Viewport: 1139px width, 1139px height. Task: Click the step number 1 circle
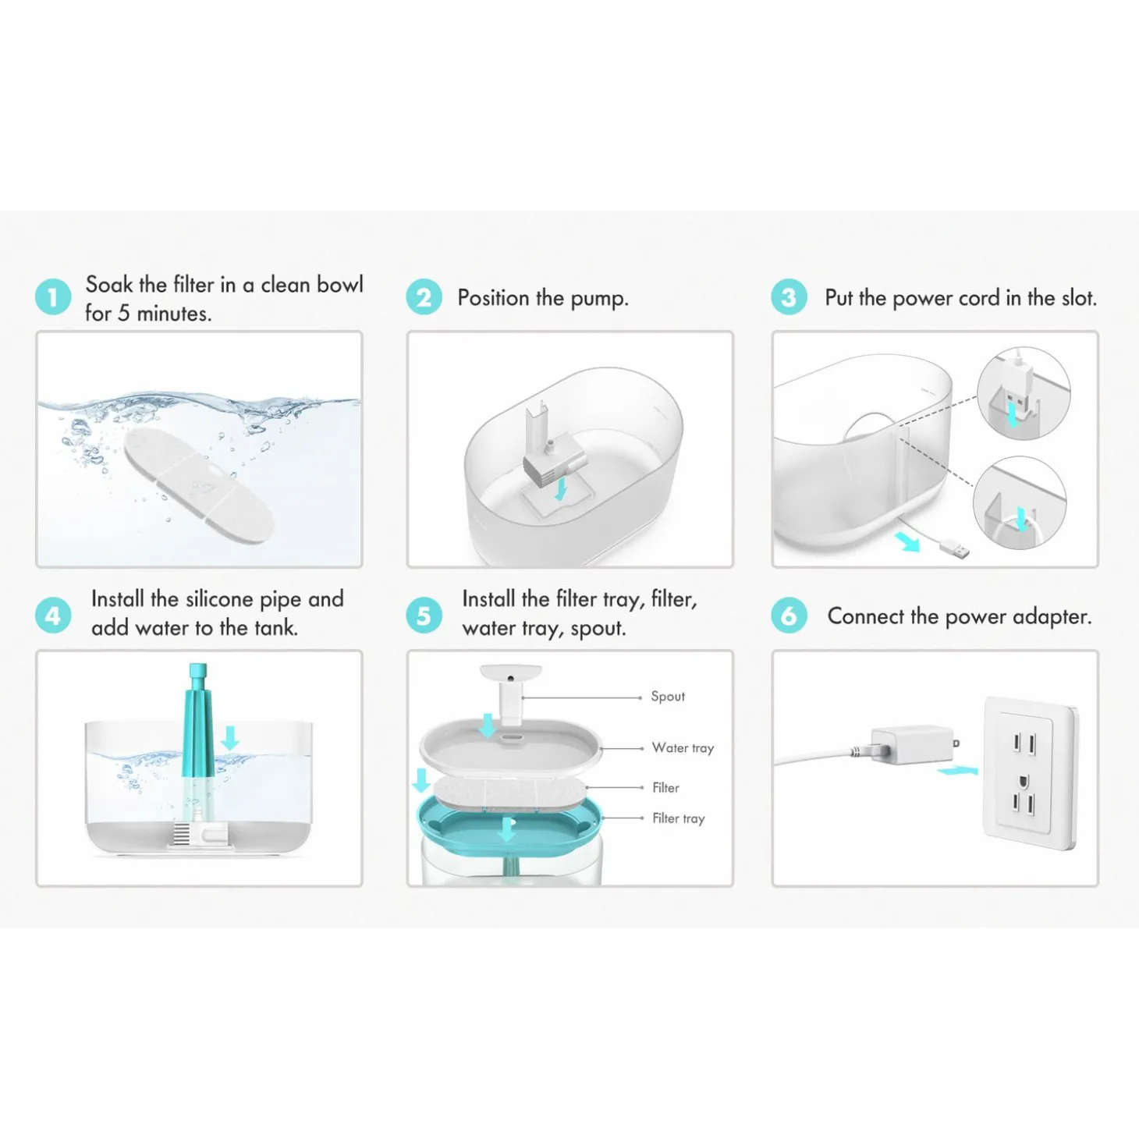[53, 296]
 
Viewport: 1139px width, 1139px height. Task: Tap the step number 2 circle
[424, 296]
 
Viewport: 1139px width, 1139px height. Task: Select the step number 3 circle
[789, 296]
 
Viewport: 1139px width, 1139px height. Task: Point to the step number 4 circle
[53, 616]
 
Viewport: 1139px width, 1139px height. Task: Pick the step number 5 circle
[424, 616]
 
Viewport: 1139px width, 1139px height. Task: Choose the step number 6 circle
[789, 616]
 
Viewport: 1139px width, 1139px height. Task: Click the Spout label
[668, 697]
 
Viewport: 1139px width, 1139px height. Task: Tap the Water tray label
[683, 747]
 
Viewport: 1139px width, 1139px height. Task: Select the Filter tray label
[679, 818]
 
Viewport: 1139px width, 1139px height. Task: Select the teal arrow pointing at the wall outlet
[957, 770]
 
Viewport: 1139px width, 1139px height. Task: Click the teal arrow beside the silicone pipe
[230, 738]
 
